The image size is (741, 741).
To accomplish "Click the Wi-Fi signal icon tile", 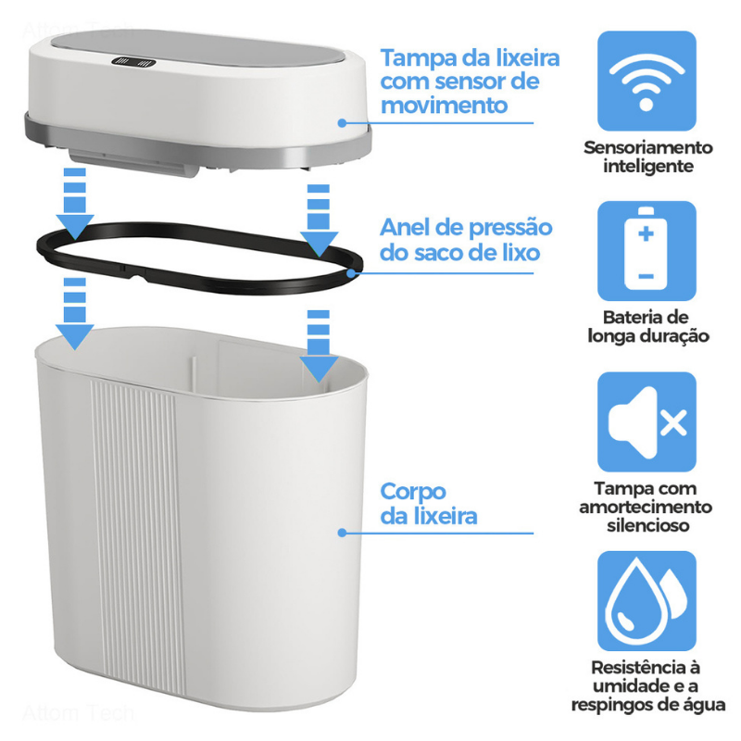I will [x=646, y=80].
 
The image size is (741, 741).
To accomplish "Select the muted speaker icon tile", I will [x=646, y=421].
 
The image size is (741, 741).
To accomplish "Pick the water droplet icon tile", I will [x=646, y=599].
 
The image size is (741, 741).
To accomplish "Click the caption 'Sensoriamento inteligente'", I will [x=647, y=157].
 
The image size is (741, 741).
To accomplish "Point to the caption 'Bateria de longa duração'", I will [x=647, y=327].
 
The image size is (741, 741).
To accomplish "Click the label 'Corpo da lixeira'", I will [x=428, y=504].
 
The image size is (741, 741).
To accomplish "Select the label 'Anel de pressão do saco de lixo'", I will [x=466, y=240].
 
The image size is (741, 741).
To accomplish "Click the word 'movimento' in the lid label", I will [x=444, y=105].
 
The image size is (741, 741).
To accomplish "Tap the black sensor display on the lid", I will [x=132, y=64].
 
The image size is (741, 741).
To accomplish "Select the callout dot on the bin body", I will [x=342, y=533].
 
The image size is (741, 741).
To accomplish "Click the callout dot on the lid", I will [x=342, y=121].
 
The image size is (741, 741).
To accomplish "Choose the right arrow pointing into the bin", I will [x=318, y=347].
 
